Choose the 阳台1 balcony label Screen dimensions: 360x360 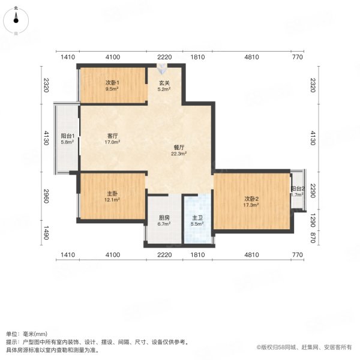point(67,139)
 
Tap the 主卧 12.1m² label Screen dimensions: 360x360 point(112,196)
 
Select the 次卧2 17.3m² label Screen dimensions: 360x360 point(251,201)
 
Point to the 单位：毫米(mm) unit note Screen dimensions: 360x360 point(26,334)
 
